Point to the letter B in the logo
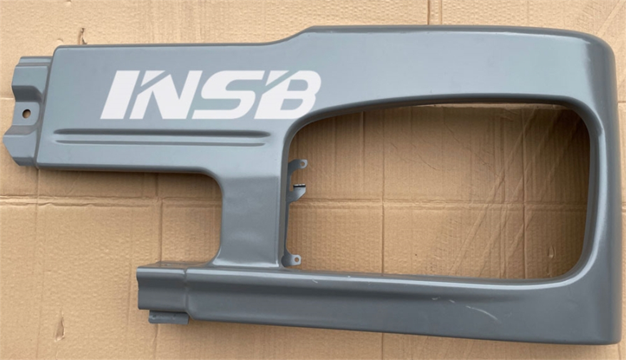coord(288,95)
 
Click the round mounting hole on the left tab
coord(26,114)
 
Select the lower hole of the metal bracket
coord(296,259)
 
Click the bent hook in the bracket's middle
coord(299,186)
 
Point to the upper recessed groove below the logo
coord(162,133)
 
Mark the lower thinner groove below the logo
coord(160,143)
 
